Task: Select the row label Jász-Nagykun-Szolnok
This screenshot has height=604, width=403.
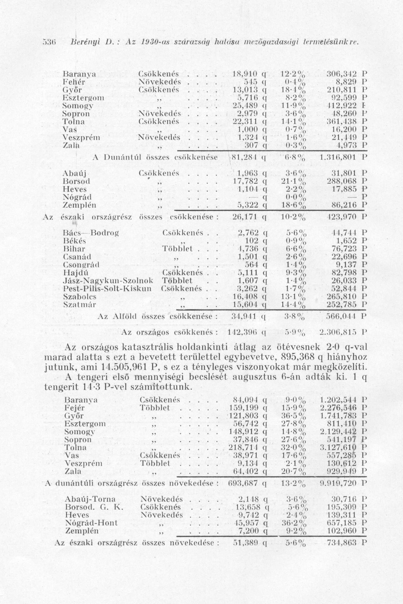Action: click(x=108, y=281)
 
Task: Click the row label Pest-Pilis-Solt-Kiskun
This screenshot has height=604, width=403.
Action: click(x=107, y=288)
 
